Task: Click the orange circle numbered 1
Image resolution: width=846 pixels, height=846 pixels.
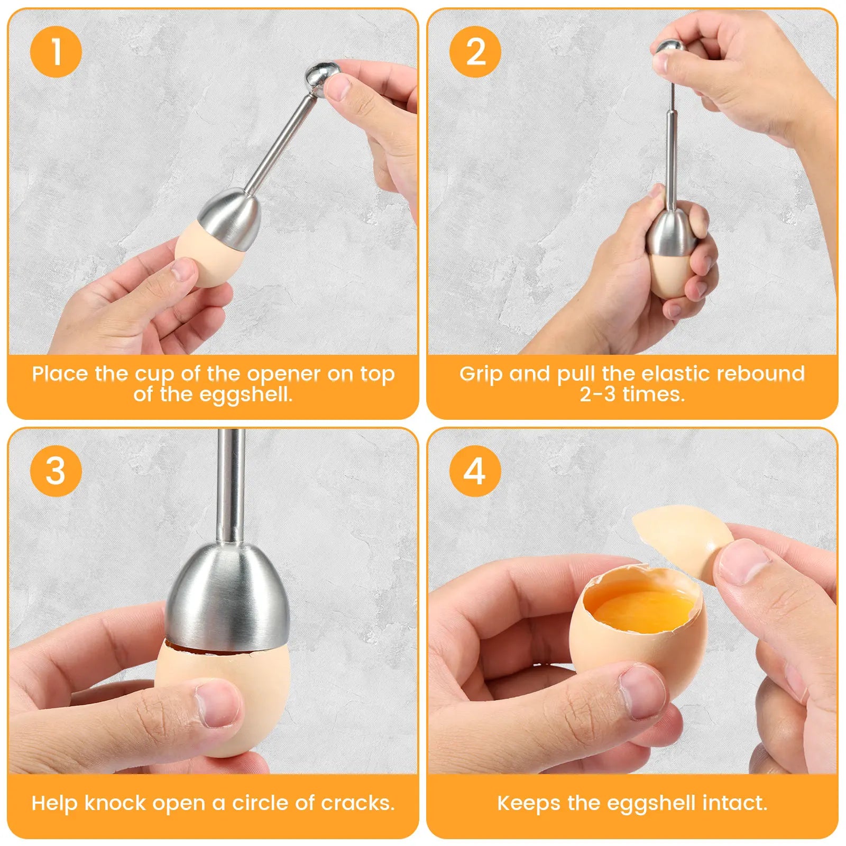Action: coord(56,52)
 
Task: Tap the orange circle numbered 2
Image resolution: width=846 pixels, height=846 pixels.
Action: coord(475,52)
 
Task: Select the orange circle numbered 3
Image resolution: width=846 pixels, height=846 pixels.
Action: coord(56,471)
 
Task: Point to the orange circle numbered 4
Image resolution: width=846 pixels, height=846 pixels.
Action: coord(475,471)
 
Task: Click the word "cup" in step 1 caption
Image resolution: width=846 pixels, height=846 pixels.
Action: coord(154,374)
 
